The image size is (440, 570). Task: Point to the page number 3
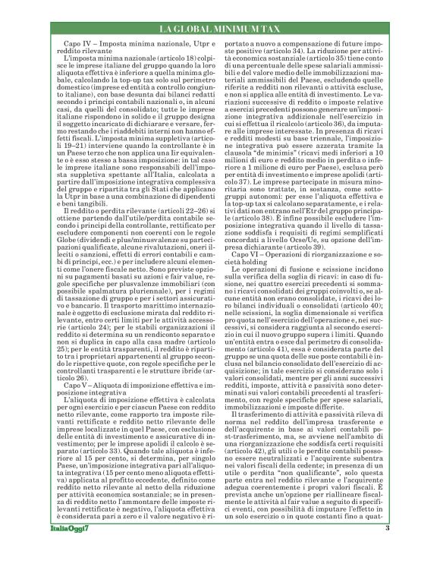tap(409, 549)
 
